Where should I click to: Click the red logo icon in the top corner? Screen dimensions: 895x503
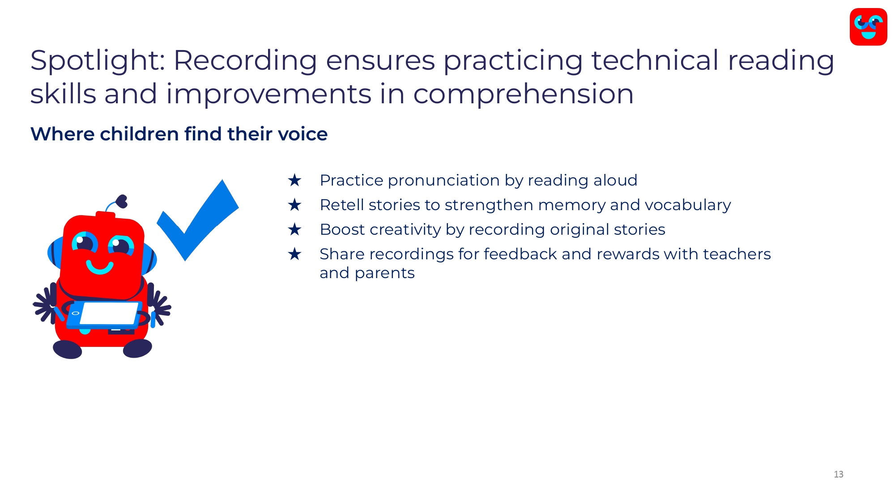point(868,27)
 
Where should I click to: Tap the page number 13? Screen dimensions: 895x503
point(839,474)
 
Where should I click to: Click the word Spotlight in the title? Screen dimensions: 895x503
point(98,61)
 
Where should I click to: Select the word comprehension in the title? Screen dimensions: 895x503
point(523,95)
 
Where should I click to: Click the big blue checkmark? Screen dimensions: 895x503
point(197,220)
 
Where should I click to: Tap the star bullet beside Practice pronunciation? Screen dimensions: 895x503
point(294,180)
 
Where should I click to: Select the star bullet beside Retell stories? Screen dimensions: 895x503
point(294,205)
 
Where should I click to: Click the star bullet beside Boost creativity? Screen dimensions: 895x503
point(294,229)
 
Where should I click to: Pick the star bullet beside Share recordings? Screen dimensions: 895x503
point(294,254)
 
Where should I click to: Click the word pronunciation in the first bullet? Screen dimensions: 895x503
point(444,181)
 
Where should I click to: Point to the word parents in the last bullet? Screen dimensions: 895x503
point(385,273)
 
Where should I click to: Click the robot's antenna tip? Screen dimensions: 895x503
point(122,201)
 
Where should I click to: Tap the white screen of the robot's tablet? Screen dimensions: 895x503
point(109,313)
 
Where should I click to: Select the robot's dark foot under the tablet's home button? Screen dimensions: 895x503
point(68,350)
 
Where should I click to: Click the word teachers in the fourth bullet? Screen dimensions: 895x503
point(737,254)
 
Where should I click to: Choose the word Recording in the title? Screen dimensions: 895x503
point(245,61)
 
